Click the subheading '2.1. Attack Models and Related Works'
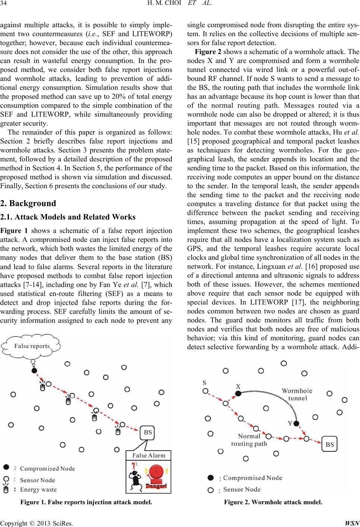click(68, 217)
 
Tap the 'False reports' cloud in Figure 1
click(31, 346)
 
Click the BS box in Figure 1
click(148, 432)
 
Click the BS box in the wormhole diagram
click(330, 444)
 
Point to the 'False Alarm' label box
click(149, 455)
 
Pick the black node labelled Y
click(297, 423)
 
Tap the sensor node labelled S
click(205, 391)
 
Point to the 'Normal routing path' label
click(249, 440)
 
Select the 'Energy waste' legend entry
click(38, 489)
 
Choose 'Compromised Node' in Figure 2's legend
click(252, 478)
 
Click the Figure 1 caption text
click(86, 502)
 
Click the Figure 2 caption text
click(273, 502)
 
